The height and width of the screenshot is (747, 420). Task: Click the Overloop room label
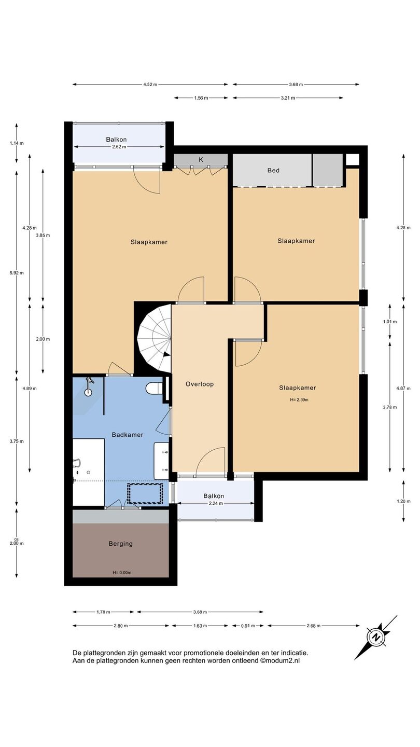click(199, 384)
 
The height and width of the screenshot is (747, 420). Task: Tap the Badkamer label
click(128, 435)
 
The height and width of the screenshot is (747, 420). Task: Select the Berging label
click(121, 544)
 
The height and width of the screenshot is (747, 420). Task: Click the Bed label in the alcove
click(273, 170)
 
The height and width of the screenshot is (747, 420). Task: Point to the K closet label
click(201, 160)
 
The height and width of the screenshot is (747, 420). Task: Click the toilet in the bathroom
click(154, 388)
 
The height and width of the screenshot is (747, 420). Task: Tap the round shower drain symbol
click(88, 393)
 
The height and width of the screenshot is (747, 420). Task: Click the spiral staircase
click(155, 338)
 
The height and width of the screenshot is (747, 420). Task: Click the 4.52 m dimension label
click(150, 85)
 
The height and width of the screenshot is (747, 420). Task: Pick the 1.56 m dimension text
click(201, 98)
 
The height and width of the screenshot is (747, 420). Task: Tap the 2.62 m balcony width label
click(119, 147)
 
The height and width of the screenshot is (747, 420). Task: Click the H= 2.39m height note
click(299, 400)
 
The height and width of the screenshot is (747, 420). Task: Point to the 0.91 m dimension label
click(248, 626)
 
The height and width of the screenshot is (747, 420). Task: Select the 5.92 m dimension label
click(17, 273)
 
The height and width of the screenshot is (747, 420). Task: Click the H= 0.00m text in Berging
click(122, 573)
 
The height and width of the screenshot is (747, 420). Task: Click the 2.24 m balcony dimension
click(216, 504)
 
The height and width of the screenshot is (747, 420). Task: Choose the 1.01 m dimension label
click(390, 322)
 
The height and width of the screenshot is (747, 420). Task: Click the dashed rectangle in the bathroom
click(145, 493)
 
